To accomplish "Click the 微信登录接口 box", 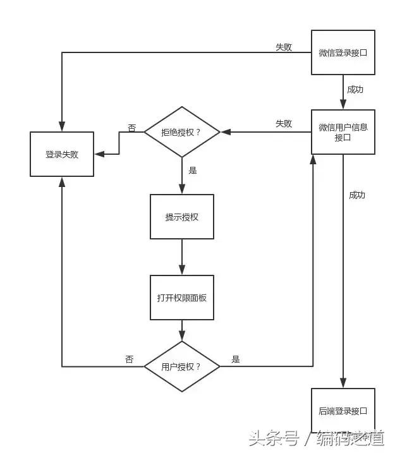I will tap(343, 52).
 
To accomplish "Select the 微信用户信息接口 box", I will tap(343, 132).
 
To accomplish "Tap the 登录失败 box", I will tap(62, 154).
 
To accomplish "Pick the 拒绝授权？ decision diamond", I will tap(182, 132).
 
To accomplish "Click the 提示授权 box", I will tap(182, 217).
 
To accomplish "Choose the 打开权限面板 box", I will tap(182, 298).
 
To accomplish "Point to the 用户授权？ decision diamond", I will tap(182, 366).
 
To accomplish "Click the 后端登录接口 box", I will tap(343, 411).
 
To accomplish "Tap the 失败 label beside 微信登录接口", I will tap(284, 47).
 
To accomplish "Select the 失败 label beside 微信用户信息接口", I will tap(284, 124).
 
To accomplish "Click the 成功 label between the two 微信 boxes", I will tap(355, 90).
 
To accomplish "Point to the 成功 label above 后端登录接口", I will tap(357, 195).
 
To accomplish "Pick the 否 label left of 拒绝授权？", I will tap(131, 128).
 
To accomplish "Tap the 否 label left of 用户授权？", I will tap(130, 359).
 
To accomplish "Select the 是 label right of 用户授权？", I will tap(236, 359).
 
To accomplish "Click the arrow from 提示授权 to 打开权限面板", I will tap(182, 257).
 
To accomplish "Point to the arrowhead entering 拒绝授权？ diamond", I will tap(224, 132).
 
